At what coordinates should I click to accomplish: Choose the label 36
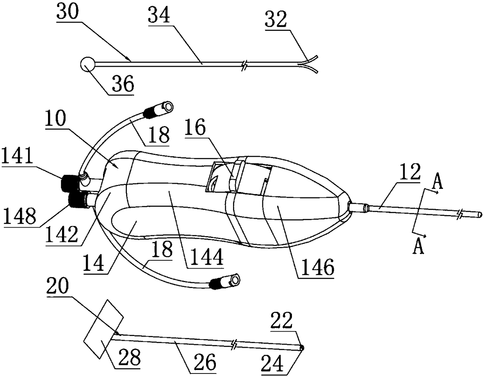pos(121,84)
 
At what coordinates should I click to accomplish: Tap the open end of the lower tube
pos(235,279)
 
